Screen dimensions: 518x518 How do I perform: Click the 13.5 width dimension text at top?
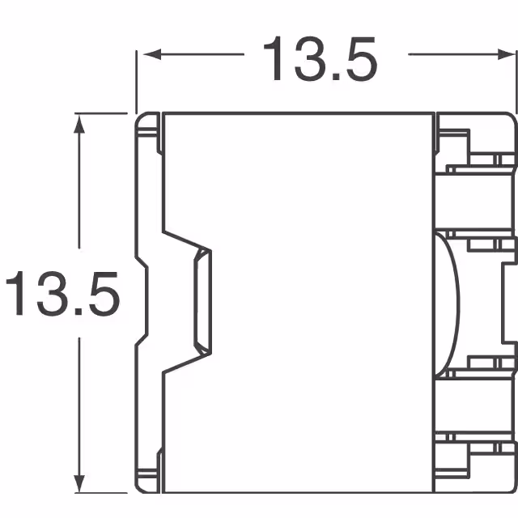click(x=319, y=57)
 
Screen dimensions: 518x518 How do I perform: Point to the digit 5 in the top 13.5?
click(x=359, y=58)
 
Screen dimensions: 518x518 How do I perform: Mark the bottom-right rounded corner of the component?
click(x=512, y=486)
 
